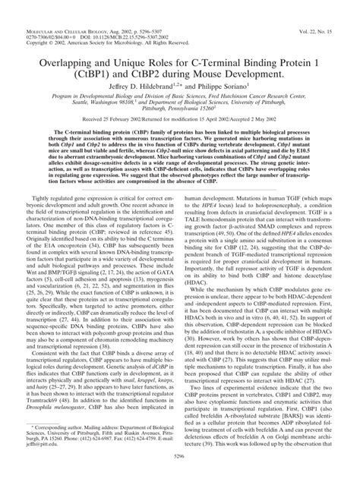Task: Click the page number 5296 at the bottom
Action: coord(180,474)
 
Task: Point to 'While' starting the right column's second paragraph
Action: coord(198,267)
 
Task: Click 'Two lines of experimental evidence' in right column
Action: coord(235,384)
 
